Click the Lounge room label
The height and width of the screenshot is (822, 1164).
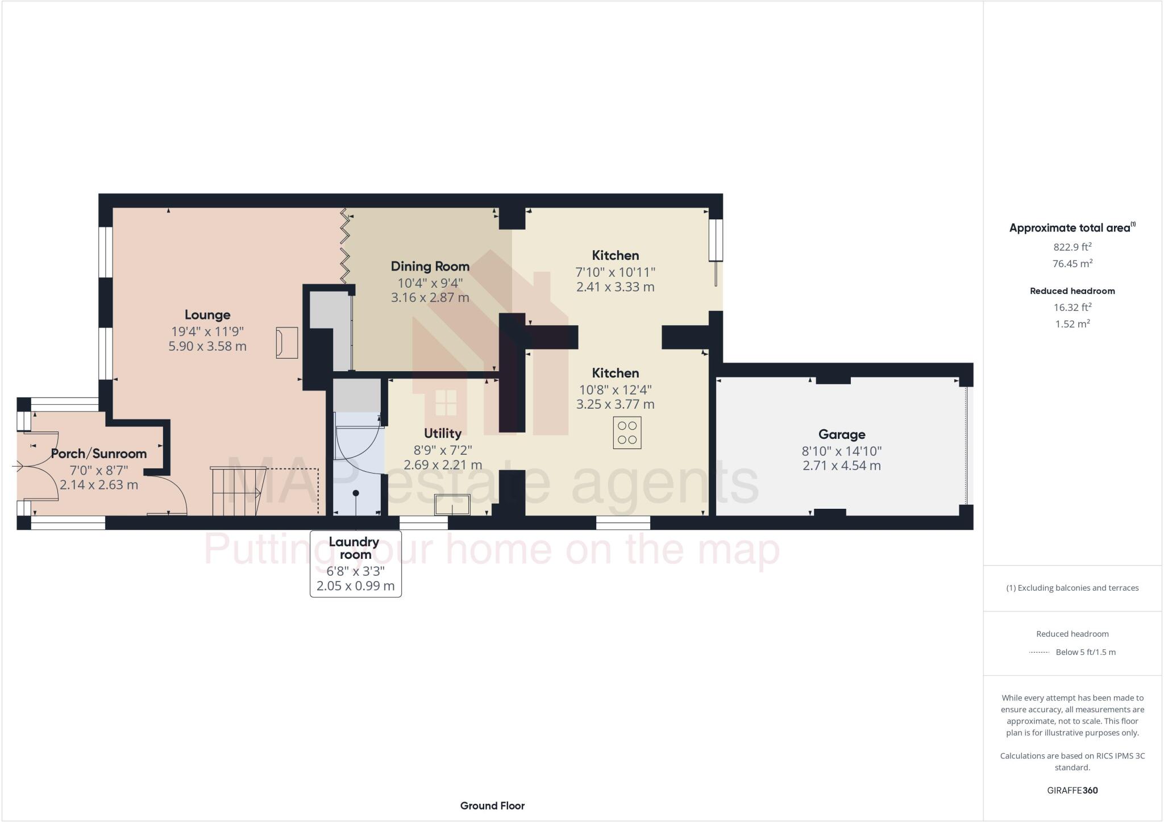coord(207,315)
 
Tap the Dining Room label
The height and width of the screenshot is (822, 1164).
coord(430,266)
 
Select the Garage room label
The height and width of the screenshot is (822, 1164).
coord(841,434)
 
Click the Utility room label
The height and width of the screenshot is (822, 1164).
coord(442,433)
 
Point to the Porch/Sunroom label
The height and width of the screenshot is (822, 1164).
coord(99,454)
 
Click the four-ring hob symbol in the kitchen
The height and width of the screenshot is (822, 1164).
coord(627,433)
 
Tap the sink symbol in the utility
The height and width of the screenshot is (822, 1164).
coord(452,505)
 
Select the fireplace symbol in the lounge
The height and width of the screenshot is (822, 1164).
coord(287,342)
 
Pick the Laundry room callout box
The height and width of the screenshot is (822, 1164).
coord(356,563)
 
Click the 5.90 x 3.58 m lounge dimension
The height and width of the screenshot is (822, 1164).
coord(207,346)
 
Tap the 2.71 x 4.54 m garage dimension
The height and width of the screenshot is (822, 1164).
coord(841,466)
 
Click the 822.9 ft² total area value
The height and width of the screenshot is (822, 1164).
coord(1072,247)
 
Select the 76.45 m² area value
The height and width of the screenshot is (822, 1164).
coord(1072,263)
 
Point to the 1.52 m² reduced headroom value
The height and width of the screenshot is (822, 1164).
coord(1072,324)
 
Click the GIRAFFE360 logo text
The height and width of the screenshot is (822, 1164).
coord(1072,790)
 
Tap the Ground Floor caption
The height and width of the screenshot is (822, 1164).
coord(492,806)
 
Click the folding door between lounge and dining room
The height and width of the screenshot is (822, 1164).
coord(344,246)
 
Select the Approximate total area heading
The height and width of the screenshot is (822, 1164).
coord(1072,228)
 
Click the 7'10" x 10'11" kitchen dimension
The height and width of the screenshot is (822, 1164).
coord(615,272)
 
